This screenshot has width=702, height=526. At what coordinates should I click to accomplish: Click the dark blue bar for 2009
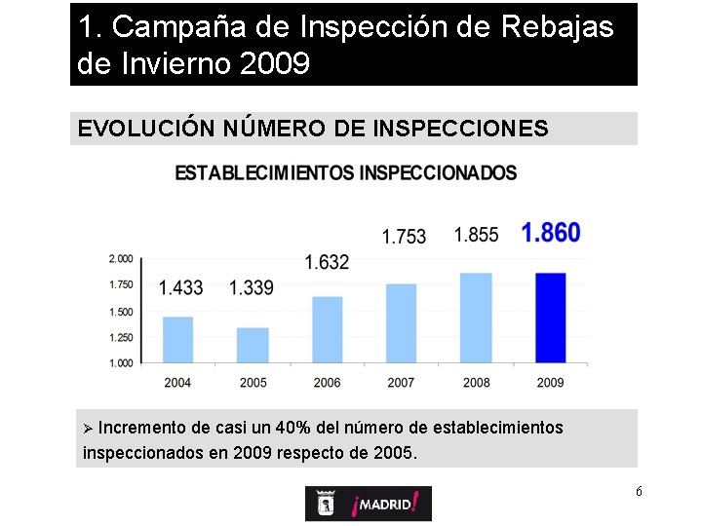(x=551, y=318)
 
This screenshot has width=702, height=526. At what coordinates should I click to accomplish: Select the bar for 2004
(x=177, y=339)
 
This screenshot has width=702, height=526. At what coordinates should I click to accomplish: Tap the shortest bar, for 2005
(x=253, y=345)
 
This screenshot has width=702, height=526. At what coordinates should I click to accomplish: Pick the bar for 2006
(x=327, y=329)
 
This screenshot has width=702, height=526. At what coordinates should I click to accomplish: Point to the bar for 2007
(x=401, y=322)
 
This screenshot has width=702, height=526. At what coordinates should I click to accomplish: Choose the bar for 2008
(x=476, y=318)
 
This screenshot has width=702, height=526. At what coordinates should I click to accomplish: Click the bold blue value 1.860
(x=550, y=233)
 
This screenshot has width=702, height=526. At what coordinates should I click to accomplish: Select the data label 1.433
(x=180, y=287)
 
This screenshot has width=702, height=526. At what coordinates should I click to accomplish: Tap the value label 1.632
(x=327, y=262)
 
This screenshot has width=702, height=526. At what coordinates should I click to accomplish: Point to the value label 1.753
(x=404, y=237)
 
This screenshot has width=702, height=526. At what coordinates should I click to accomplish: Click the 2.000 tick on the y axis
(x=121, y=258)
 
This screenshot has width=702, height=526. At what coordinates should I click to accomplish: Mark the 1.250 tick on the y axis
(x=121, y=337)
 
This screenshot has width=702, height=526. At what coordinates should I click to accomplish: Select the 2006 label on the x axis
(x=327, y=383)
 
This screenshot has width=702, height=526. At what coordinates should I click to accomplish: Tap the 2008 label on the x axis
(x=476, y=383)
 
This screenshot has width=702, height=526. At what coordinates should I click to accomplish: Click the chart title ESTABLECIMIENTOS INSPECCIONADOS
(x=346, y=173)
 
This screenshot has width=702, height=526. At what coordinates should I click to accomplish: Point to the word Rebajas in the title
(x=558, y=27)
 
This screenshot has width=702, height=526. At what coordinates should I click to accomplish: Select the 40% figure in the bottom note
(x=293, y=428)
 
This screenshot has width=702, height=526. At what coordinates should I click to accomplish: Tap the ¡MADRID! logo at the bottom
(x=368, y=504)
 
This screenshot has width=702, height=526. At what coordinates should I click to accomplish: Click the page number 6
(x=639, y=491)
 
